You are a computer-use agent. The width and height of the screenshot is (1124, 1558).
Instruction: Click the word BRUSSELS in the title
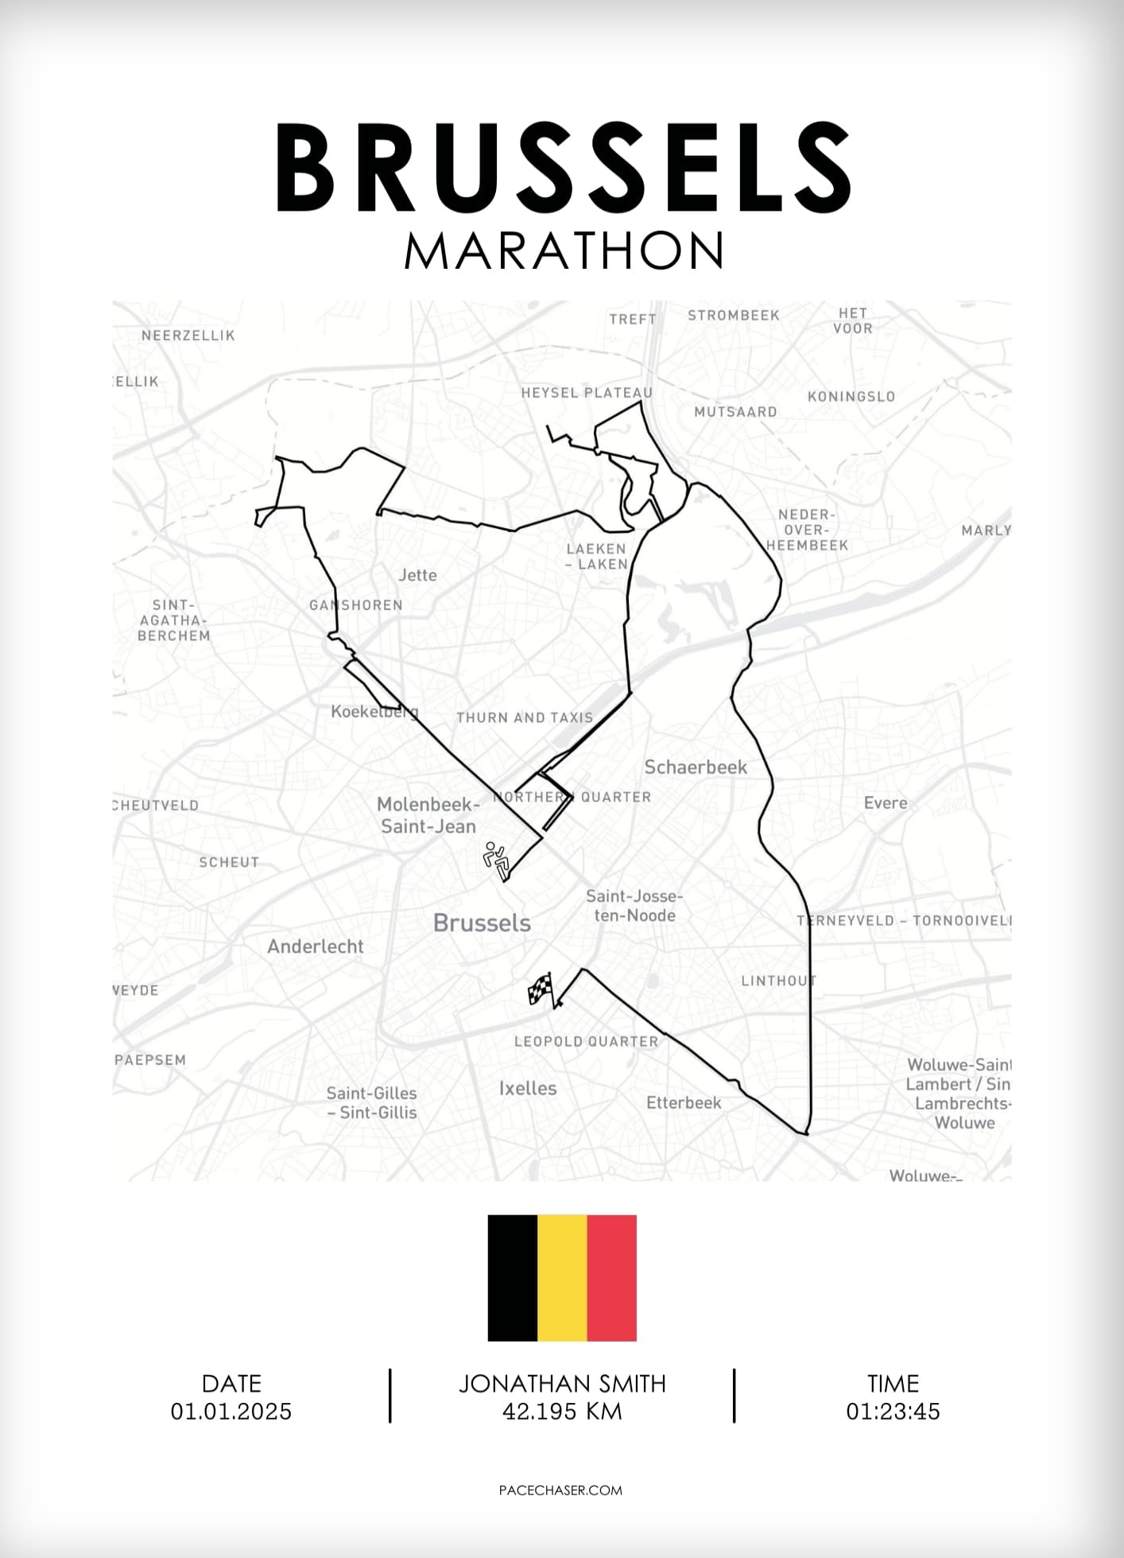click(563, 169)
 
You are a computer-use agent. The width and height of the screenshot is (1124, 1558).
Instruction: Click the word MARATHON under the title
click(563, 251)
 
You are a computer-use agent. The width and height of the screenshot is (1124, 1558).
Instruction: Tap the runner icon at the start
click(496, 860)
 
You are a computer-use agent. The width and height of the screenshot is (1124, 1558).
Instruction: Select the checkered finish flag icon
click(541, 989)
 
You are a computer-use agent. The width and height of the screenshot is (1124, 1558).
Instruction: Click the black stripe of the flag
click(513, 1277)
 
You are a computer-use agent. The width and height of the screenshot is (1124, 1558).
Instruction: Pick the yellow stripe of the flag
click(562, 1277)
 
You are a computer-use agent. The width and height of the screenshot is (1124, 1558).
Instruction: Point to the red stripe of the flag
click(611, 1277)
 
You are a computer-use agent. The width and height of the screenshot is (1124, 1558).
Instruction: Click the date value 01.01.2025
click(231, 1411)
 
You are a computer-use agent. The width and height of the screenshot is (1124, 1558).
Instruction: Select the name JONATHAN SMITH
click(562, 1383)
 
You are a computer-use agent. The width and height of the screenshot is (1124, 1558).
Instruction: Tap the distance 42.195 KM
click(562, 1411)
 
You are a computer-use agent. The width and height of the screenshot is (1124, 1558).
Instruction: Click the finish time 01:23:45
click(893, 1411)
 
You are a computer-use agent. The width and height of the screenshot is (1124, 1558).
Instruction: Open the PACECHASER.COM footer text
click(560, 1490)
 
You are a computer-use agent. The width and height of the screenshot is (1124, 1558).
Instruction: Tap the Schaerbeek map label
click(696, 767)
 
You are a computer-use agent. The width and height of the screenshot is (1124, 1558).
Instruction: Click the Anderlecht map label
click(315, 946)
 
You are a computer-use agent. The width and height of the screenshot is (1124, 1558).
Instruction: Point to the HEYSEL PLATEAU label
click(587, 393)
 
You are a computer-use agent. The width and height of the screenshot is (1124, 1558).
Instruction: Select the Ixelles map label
click(528, 1088)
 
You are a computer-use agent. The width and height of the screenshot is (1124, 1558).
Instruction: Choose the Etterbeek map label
click(684, 1102)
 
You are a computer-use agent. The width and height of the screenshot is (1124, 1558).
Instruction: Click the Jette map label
click(417, 575)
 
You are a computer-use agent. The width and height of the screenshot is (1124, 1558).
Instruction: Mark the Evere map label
click(886, 802)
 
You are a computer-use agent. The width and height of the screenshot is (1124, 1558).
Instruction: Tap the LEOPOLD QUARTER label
click(586, 1041)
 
